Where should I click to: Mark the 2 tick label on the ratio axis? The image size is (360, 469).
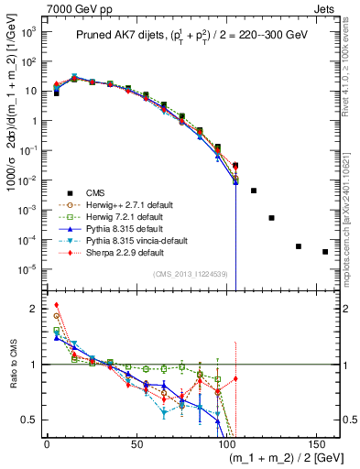(35, 309)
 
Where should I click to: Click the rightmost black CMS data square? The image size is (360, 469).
(325, 252)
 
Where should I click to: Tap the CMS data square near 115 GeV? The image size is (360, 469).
(254, 191)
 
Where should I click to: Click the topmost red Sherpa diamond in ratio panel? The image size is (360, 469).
(56, 305)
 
